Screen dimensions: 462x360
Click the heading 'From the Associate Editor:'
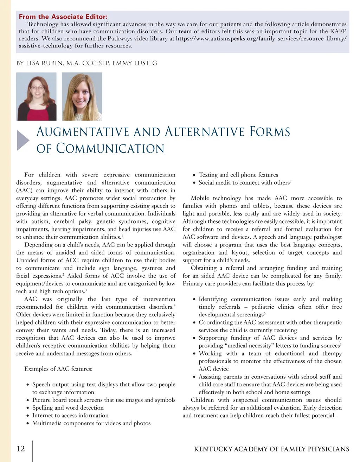point(63,17)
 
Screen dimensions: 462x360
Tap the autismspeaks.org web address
point(261,38)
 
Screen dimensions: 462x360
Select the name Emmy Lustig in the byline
point(135,63)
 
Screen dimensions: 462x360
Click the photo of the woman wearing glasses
point(37,97)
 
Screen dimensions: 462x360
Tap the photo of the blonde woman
point(82,97)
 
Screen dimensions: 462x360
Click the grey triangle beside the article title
point(23,140)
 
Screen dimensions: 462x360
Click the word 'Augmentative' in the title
point(83,132)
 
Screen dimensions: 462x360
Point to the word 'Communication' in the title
point(110,148)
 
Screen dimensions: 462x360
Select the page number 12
point(21,449)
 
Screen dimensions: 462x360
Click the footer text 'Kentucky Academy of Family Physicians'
point(271,449)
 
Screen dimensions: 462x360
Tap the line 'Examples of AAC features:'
point(58,369)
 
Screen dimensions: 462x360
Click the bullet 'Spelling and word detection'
point(68,408)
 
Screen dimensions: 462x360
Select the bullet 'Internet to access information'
point(70,415)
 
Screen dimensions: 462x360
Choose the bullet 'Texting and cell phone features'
point(238,175)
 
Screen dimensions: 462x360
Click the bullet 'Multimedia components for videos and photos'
point(91,423)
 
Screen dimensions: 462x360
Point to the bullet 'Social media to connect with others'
point(244,182)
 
